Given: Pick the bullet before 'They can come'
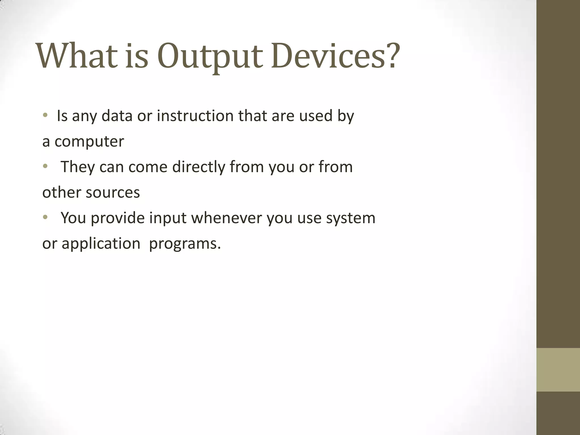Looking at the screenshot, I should click(x=45, y=167).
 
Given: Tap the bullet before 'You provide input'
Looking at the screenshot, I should click(x=45, y=217).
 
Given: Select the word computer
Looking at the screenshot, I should click(x=89, y=141).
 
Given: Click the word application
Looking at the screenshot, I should click(x=101, y=244).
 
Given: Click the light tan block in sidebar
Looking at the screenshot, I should click(x=558, y=370).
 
